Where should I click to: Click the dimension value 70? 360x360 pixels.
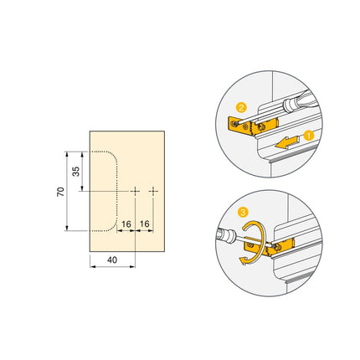59,192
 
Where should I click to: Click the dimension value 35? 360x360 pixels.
76,172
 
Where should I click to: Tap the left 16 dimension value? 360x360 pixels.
126,224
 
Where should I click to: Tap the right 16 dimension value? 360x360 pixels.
145,224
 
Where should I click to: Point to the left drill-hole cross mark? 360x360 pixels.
135,192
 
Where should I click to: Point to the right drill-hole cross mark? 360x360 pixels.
154,192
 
